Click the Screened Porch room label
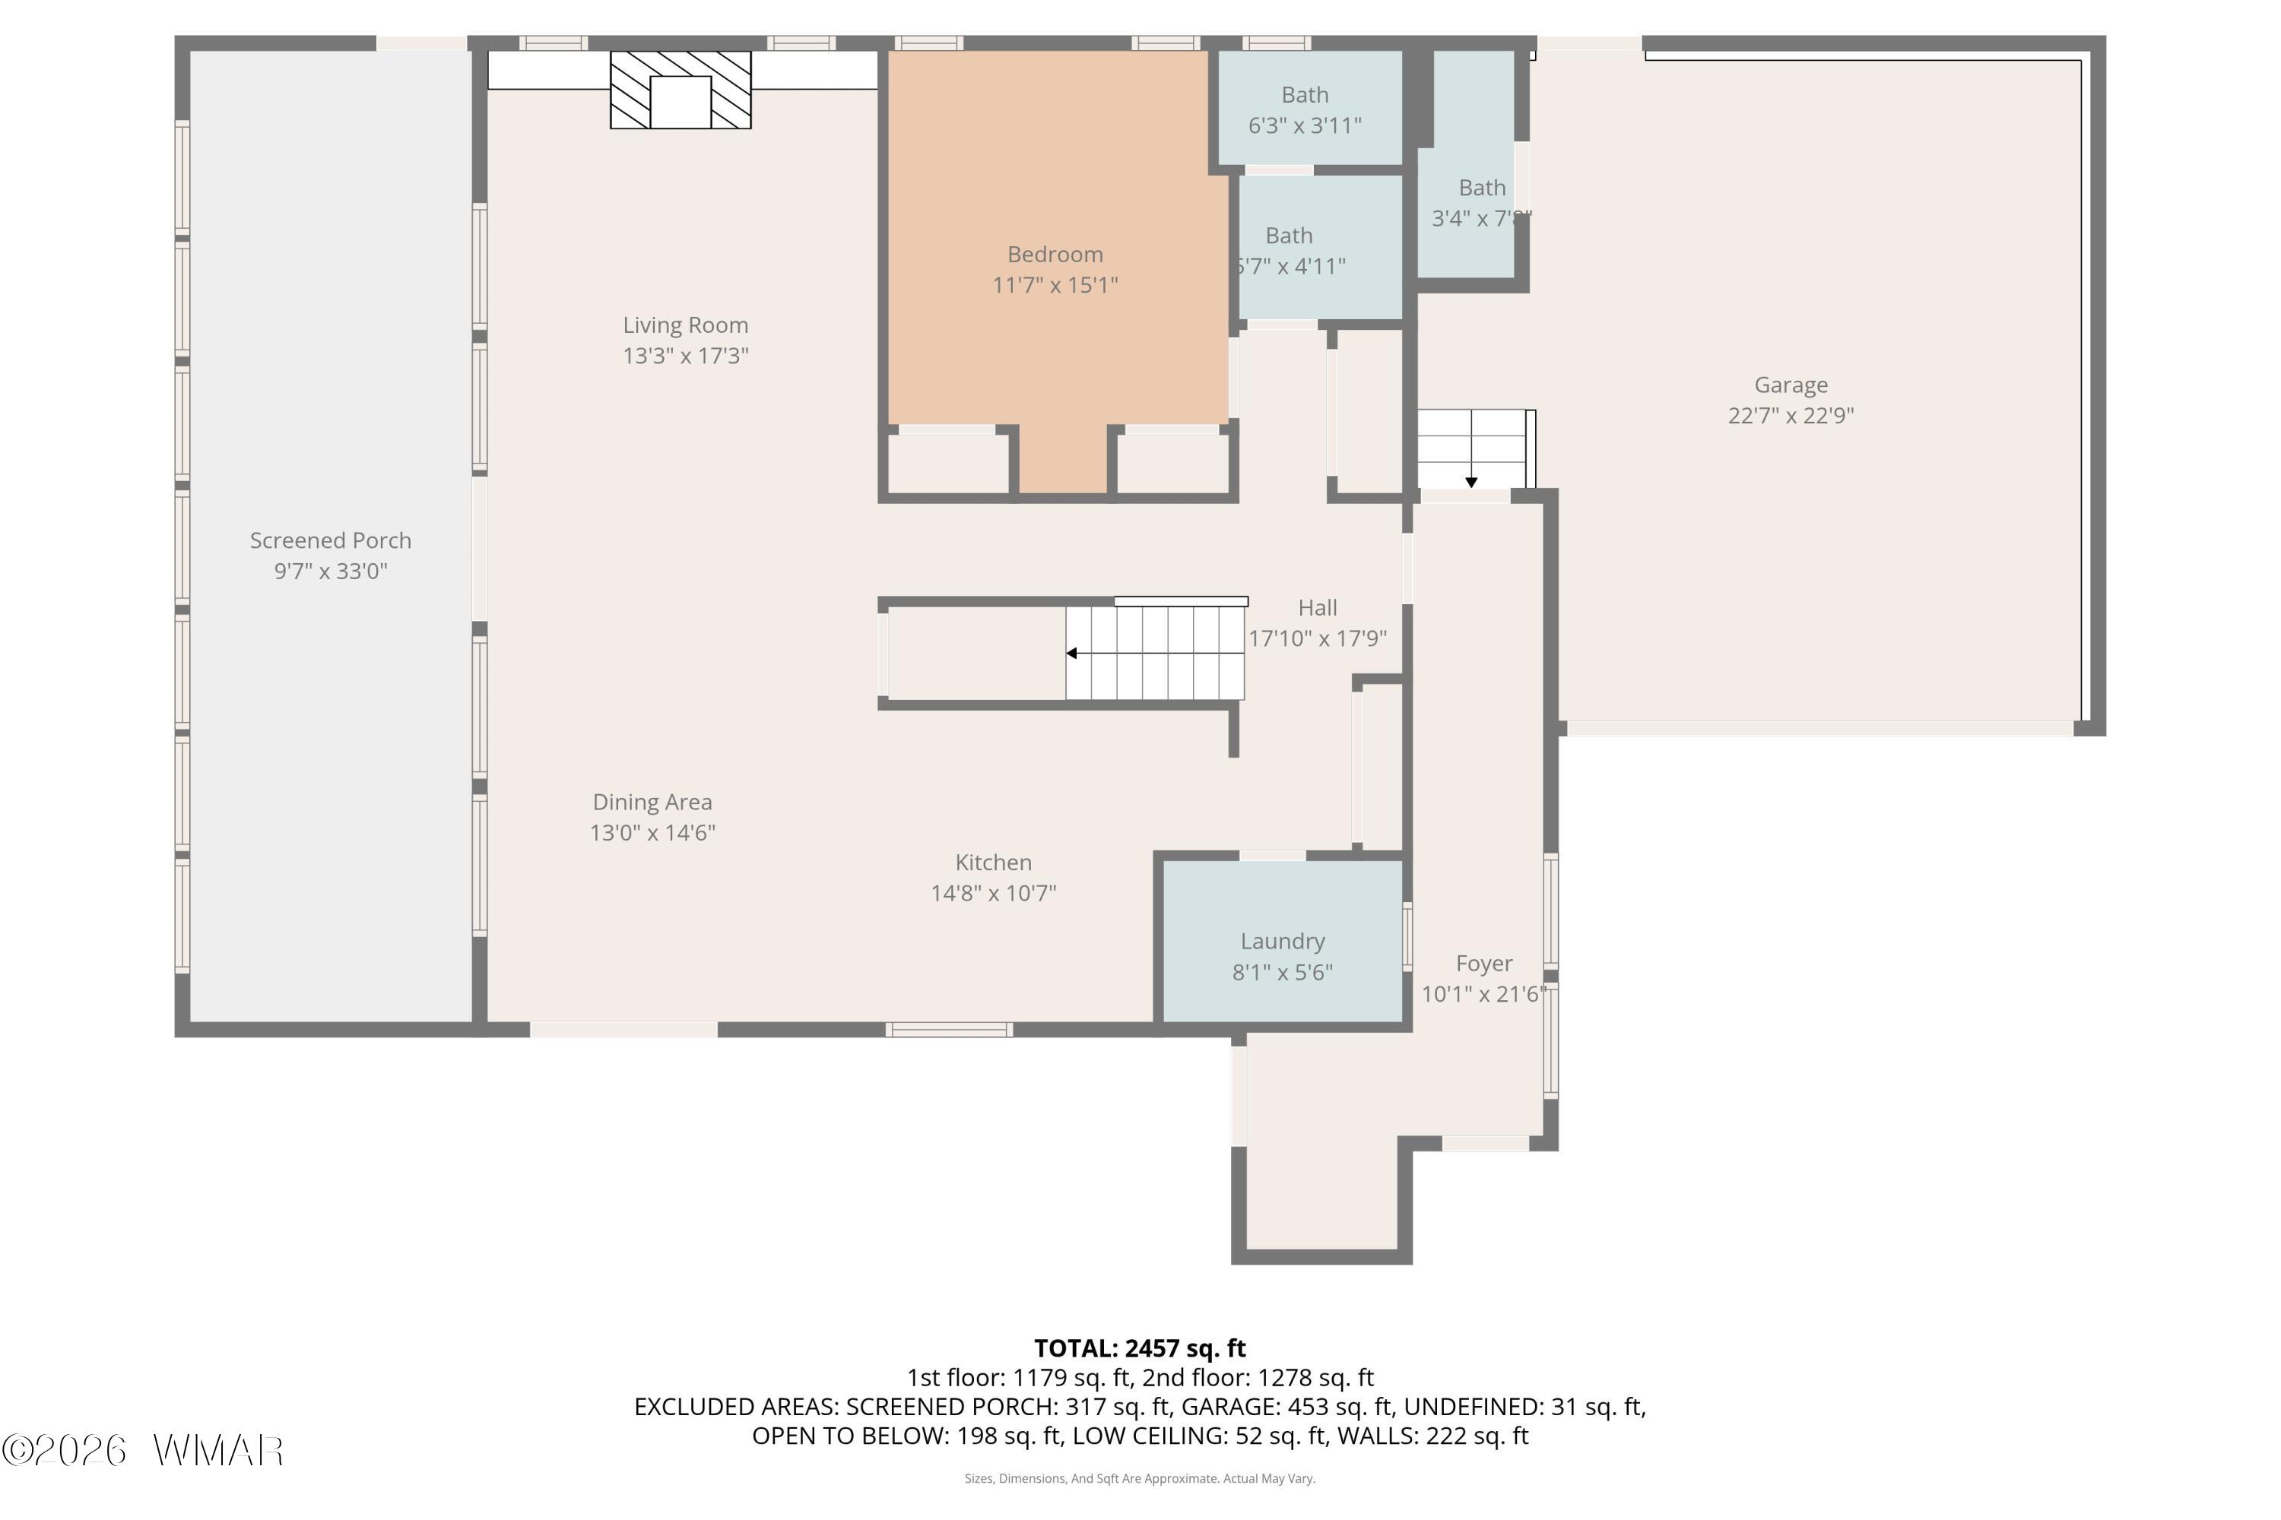pyautogui.click(x=331, y=541)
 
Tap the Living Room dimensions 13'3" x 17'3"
pyautogui.click(x=686, y=356)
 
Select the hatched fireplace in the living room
pyautogui.click(x=680, y=89)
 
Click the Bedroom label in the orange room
pyautogui.click(x=1055, y=254)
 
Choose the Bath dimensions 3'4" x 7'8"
pyautogui.click(x=1482, y=218)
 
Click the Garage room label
pyautogui.click(x=1791, y=385)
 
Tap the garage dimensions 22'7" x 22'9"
pyautogui.click(x=1791, y=416)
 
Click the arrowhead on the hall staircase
pyautogui.click(x=1071, y=654)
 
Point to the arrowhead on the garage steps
pyautogui.click(x=1471, y=482)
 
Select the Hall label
pyautogui.click(x=1317, y=608)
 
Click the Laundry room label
pyautogui.click(x=1282, y=942)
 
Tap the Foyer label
pyautogui.click(x=1484, y=964)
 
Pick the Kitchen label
pyautogui.click(x=993, y=863)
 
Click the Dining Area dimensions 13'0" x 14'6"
pyautogui.click(x=652, y=833)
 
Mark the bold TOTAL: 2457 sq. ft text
pyautogui.click(x=1140, y=1348)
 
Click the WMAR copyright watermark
pyautogui.click(x=143, y=1450)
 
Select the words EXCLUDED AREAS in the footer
pyautogui.click(x=737, y=1407)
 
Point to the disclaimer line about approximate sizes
pyautogui.click(x=1140, y=1478)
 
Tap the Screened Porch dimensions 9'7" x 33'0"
pyautogui.click(x=331, y=571)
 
